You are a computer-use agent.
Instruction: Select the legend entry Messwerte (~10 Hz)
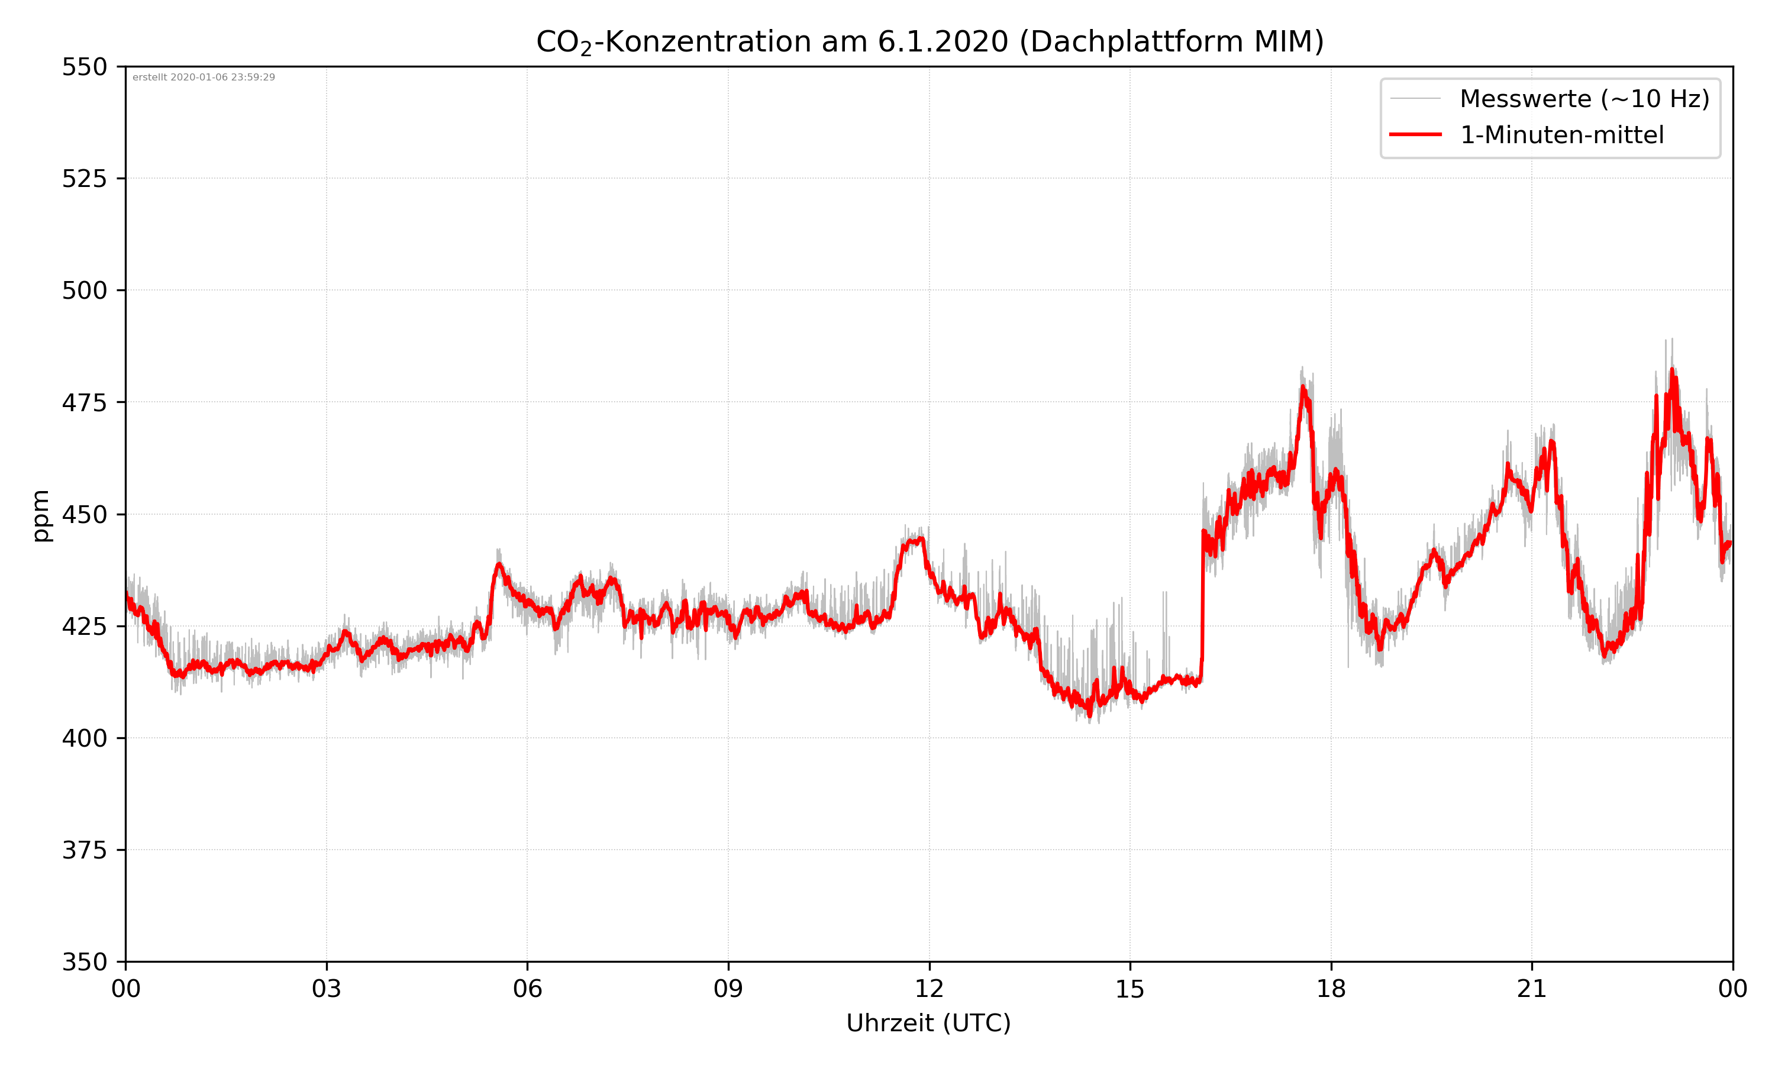tap(1584, 99)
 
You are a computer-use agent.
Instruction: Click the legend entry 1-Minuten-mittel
tap(1561, 135)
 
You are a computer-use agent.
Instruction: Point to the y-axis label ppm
tap(41, 515)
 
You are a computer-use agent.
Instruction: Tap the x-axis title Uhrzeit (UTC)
tap(928, 1022)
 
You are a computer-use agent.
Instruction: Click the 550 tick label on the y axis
tap(84, 67)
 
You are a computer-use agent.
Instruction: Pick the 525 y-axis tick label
tap(84, 179)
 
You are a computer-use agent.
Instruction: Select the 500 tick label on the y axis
tap(84, 291)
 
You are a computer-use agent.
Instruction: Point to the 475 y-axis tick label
tap(84, 402)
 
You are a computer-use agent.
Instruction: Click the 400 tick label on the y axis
tap(84, 738)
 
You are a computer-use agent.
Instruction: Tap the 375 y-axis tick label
tap(84, 850)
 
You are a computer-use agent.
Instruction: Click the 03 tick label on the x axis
tap(327, 989)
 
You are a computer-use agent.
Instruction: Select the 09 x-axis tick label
tap(728, 989)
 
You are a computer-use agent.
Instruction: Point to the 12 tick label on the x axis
tap(929, 989)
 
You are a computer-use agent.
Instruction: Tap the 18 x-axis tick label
tap(1331, 989)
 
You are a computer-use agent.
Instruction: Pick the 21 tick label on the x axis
tap(1532, 989)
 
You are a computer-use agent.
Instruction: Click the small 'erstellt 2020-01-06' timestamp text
tap(204, 78)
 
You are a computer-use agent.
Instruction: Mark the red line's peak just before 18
tap(1303, 388)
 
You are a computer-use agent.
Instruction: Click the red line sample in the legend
tap(1415, 134)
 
